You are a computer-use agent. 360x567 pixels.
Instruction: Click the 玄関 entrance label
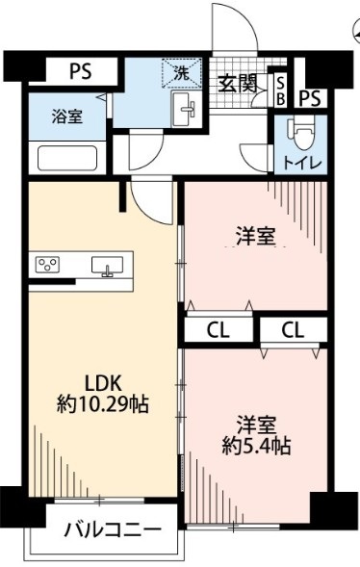[x=236, y=84]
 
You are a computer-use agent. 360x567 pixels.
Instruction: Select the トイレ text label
[x=301, y=161]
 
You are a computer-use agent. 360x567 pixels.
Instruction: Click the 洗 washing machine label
[x=180, y=70]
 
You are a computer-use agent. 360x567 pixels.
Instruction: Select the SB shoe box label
[x=280, y=90]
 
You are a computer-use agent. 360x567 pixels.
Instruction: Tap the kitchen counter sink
[x=106, y=266]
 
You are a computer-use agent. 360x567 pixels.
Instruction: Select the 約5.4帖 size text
[x=255, y=446]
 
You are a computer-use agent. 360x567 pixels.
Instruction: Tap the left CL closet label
[x=219, y=330]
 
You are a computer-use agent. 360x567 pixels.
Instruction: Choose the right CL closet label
[x=293, y=330]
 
